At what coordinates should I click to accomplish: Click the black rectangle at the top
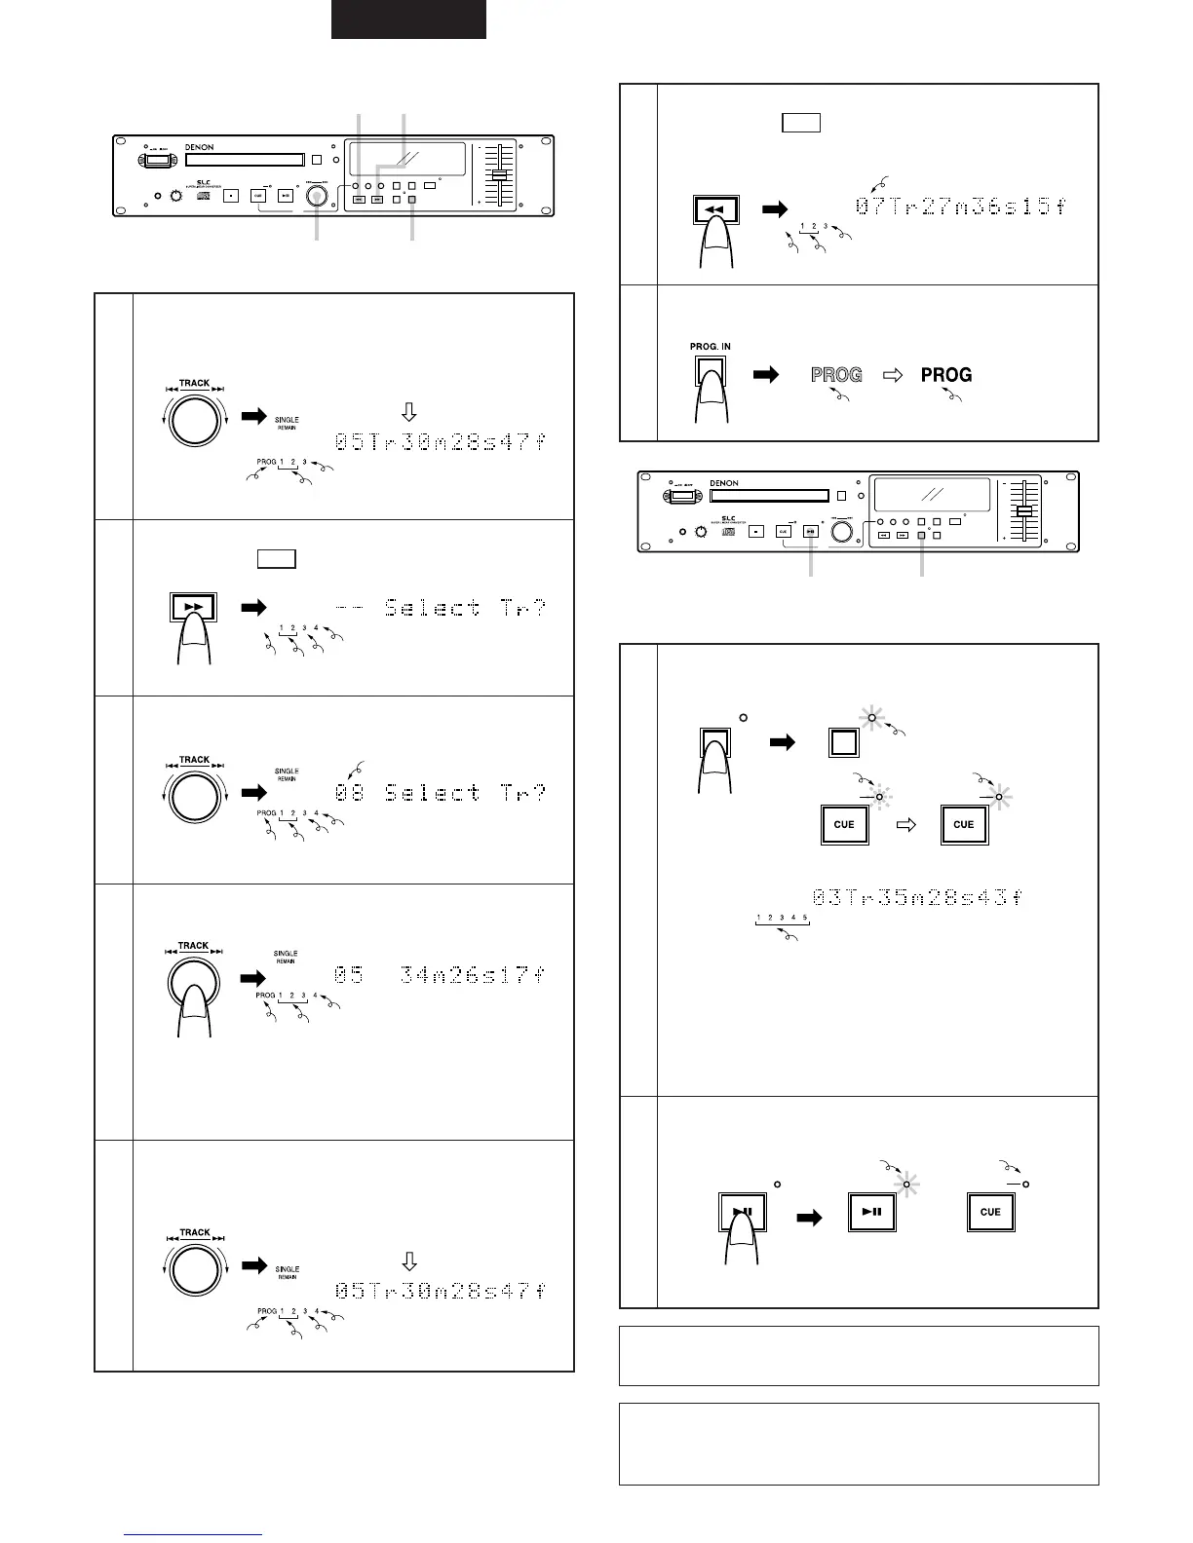click(x=408, y=19)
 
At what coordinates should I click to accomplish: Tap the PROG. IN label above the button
click(x=710, y=347)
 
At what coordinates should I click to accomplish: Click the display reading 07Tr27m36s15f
click(x=960, y=207)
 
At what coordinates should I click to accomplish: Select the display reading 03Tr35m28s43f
click(x=917, y=897)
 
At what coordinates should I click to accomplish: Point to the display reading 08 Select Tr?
click(x=440, y=793)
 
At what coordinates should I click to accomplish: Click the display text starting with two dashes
click(x=440, y=608)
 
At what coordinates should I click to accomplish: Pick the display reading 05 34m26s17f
click(x=440, y=974)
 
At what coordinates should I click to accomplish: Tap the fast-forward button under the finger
click(x=193, y=607)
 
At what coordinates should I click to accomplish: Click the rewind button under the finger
click(x=716, y=209)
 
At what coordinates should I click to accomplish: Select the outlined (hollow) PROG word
click(x=836, y=375)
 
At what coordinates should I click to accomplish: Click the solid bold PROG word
click(x=946, y=375)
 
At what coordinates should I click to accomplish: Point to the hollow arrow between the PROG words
click(x=892, y=375)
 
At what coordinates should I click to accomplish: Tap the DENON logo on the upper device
click(x=199, y=148)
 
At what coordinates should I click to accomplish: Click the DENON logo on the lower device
click(x=724, y=483)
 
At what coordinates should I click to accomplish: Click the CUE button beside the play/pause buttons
click(x=990, y=1212)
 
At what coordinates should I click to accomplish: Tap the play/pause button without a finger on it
click(x=872, y=1212)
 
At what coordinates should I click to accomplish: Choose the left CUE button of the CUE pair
click(x=844, y=824)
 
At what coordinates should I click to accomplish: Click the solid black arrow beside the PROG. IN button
click(x=767, y=374)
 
